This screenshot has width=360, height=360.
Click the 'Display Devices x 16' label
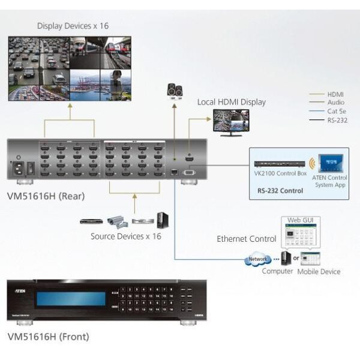click(x=73, y=26)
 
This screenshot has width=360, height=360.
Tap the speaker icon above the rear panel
click(x=175, y=91)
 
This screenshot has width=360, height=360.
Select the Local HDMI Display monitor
click(x=228, y=122)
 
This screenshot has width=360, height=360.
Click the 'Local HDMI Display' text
click(x=231, y=102)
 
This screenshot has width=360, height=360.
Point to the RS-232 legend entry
click(x=338, y=120)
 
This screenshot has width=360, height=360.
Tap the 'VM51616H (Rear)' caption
click(x=46, y=195)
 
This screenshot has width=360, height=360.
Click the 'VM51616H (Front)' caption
click(x=48, y=337)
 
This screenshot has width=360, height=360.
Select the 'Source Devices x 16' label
click(x=125, y=236)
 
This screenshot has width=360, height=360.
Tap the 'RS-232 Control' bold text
click(x=276, y=191)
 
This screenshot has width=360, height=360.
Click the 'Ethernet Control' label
click(x=246, y=239)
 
